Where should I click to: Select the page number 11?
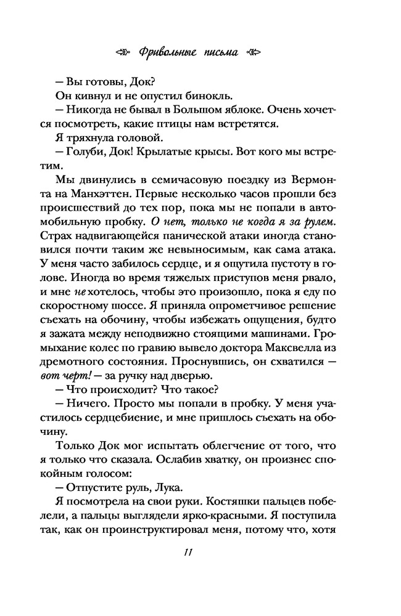pyautogui.click(x=189, y=552)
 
